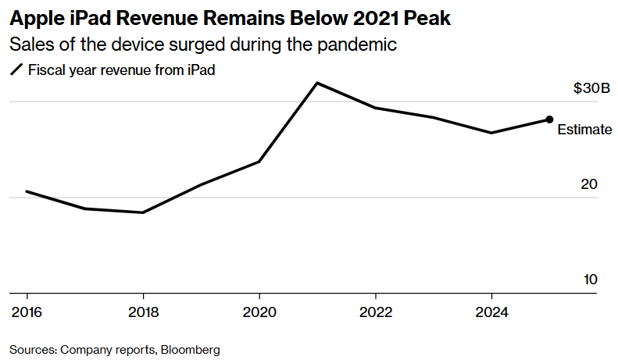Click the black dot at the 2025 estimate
click(x=549, y=119)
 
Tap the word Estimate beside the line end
click(x=584, y=130)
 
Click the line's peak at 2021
click(x=316, y=83)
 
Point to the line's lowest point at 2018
click(x=142, y=212)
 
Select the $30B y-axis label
click(x=591, y=89)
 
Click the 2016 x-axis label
click(x=27, y=312)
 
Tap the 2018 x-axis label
click(x=143, y=312)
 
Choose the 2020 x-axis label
click(x=259, y=312)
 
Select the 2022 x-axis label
click(x=376, y=312)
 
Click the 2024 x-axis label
click(x=491, y=312)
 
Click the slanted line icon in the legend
click(x=16, y=70)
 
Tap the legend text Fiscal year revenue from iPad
click(x=121, y=70)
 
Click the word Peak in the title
click(x=428, y=18)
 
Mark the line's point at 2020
click(x=259, y=162)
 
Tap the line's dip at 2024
click(x=491, y=133)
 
